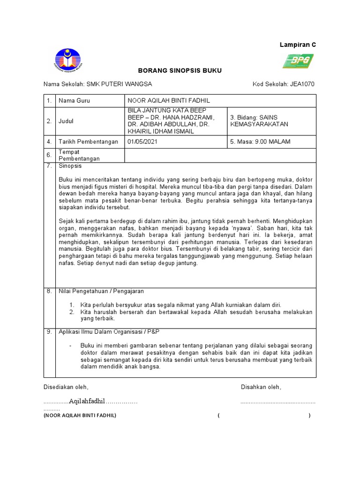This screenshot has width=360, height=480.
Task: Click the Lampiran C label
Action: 298,45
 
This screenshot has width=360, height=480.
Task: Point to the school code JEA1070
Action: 302,84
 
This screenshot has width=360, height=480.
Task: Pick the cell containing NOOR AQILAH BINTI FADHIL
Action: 220,101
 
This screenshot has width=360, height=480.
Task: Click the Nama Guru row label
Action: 74,101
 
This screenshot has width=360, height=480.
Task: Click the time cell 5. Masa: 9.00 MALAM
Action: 261,142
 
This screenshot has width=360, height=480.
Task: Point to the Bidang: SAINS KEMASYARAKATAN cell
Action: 271,121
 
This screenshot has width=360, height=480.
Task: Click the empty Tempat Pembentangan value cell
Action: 220,155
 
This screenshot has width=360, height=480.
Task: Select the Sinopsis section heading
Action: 70,166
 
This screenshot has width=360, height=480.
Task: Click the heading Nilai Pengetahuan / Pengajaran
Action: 101,292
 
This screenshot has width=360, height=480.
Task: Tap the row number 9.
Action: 49,331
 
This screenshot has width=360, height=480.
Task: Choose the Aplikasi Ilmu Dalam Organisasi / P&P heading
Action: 109,331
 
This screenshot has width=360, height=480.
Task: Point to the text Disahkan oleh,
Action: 261,387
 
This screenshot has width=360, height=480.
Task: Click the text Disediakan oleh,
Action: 66,387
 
